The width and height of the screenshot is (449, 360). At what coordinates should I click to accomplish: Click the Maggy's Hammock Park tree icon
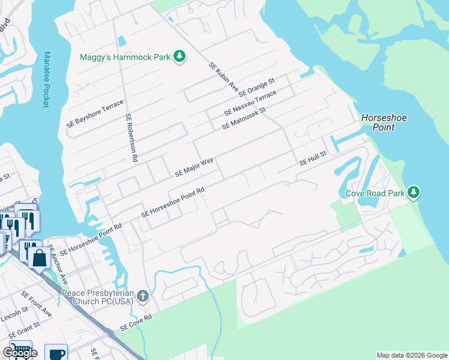point(179,57)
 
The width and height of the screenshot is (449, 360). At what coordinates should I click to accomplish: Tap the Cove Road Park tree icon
point(413,193)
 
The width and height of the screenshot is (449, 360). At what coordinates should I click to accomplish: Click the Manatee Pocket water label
point(46,79)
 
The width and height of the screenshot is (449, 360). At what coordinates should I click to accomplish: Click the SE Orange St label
point(256,88)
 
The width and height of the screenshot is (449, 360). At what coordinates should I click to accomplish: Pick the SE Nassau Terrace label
point(250,104)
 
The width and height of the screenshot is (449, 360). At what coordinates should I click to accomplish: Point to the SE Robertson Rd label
point(131,138)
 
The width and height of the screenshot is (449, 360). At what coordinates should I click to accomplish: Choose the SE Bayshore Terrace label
point(95,112)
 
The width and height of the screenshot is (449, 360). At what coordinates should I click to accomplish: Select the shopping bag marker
point(40,258)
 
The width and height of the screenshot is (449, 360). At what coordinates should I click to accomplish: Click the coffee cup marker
point(56,353)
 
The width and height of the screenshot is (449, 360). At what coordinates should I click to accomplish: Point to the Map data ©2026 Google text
point(412,355)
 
